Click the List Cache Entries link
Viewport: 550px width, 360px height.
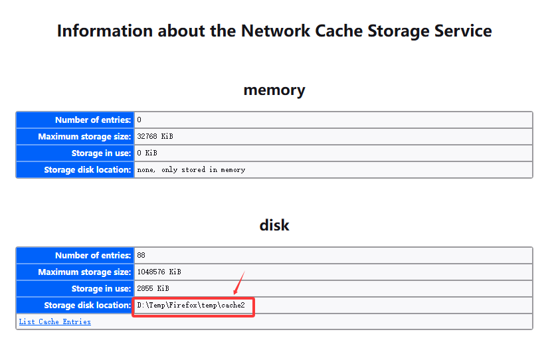(x=54, y=321)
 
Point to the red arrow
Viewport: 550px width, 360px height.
(x=239, y=282)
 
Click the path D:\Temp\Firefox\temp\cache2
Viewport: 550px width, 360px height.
(x=191, y=306)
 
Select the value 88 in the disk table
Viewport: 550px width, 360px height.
(x=141, y=255)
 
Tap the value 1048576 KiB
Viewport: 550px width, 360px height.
(x=159, y=272)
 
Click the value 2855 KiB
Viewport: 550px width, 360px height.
(x=153, y=288)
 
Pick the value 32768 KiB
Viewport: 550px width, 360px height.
(x=155, y=136)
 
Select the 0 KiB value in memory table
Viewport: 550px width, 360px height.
(x=147, y=153)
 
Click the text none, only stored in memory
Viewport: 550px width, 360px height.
(x=191, y=170)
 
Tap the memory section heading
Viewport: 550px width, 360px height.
(x=274, y=90)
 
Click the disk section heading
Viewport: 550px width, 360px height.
(x=274, y=225)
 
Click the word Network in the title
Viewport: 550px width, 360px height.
(x=276, y=31)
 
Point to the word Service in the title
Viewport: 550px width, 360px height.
(x=463, y=31)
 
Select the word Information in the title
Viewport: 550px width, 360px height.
(x=105, y=31)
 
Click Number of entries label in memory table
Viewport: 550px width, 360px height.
(x=93, y=120)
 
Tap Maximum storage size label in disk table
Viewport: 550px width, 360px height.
(x=84, y=272)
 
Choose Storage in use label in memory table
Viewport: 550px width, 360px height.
(x=102, y=153)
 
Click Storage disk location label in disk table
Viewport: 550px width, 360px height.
(x=88, y=306)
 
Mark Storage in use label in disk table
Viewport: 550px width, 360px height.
(x=102, y=289)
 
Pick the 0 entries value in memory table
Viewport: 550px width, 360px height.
(x=139, y=120)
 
